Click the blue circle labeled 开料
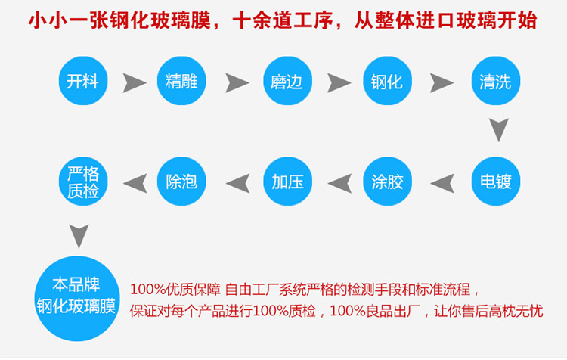point(82,81)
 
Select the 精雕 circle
point(181,81)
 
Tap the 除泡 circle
point(181,182)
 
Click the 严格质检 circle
point(82,182)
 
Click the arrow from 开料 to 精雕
point(134,81)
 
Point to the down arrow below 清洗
point(496,131)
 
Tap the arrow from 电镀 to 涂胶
point(442,182)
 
